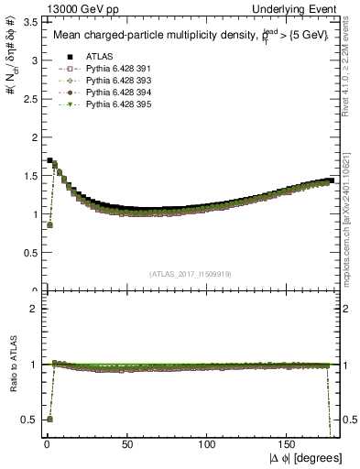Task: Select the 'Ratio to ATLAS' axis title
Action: click(12, 365)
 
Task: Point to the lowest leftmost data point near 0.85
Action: click(49, 224)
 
